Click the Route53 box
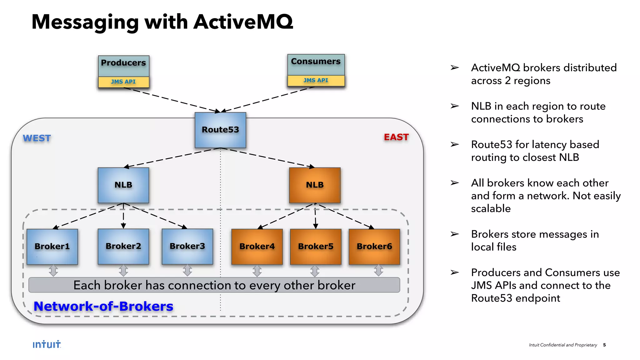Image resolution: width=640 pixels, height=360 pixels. pos(220,130)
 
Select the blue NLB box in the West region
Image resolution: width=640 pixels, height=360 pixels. pos(123,185)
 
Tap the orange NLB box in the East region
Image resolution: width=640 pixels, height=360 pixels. pos(315,185)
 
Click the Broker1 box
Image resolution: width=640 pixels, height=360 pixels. pos(52,247)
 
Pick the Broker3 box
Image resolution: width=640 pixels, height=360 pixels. pos(187,246)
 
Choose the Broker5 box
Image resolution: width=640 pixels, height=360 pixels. pos(316,247)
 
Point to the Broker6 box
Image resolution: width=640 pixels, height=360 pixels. pos(374,247)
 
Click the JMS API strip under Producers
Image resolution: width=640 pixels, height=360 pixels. pos(123,82)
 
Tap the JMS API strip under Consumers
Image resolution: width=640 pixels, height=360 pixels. pos(316,81)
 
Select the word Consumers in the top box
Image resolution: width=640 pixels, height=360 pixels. pos(316,62)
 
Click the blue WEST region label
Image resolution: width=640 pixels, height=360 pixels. pos(37,138)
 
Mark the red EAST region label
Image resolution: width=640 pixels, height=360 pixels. pos(396,137)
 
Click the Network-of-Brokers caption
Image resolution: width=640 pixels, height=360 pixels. pos(103,306)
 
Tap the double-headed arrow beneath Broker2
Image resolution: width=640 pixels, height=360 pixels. pos(123,271)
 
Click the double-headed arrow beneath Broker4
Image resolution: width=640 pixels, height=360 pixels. pos(257,271)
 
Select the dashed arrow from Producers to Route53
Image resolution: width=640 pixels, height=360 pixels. pos(172,100)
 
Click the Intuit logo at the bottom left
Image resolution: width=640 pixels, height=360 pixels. pos(47,344)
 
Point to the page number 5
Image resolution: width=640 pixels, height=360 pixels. pos(604,345)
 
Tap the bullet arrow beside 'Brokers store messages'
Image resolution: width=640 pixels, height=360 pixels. pos(455,234)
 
